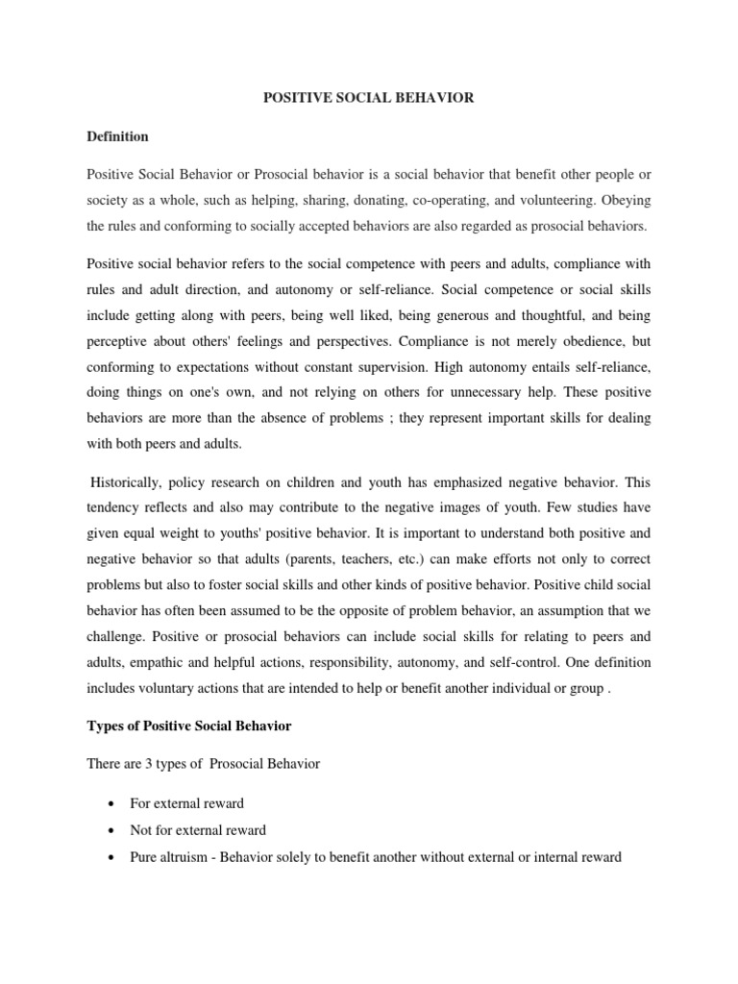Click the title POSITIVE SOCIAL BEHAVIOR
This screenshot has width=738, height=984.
[369, 99]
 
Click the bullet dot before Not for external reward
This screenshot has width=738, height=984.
[115, 830]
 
